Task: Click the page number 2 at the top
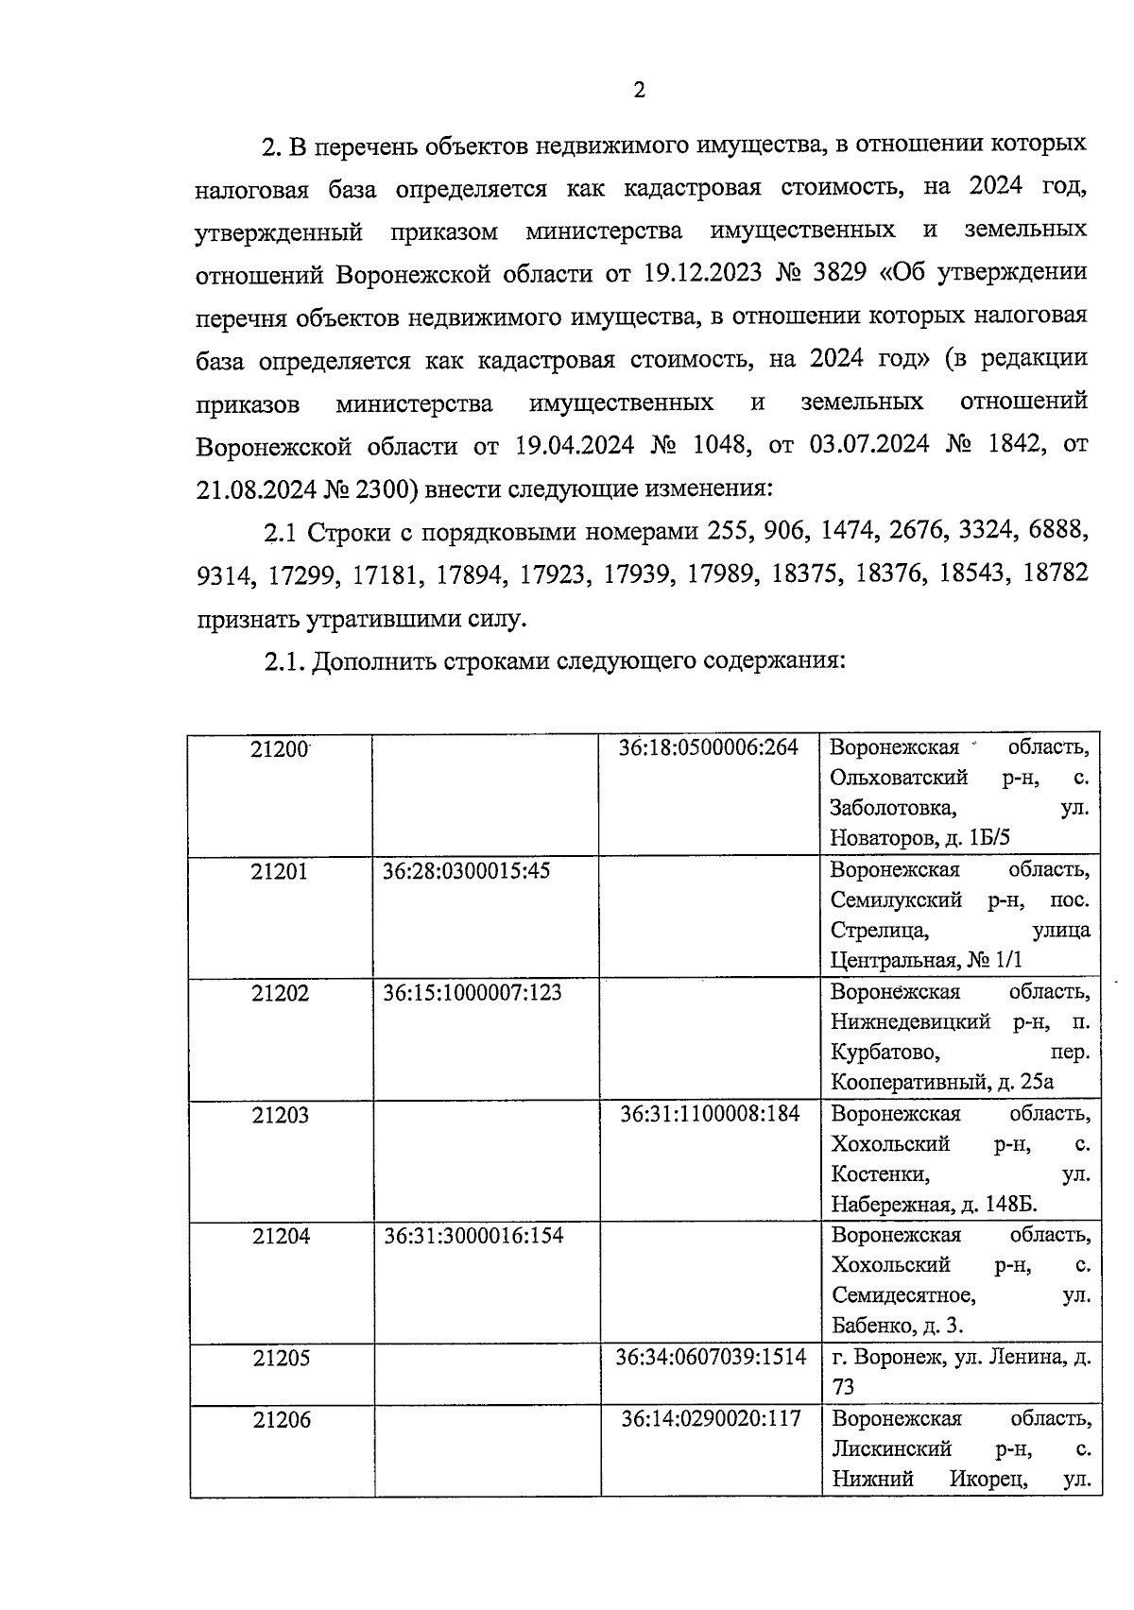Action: click(639, 91)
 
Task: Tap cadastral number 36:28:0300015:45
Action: click(466, 870)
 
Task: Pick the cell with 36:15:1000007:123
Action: click(472, 992)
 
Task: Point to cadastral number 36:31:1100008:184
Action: click(710, 1114)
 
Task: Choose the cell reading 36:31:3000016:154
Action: click(473, 1235)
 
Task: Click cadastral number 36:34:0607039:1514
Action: click(711, 1357)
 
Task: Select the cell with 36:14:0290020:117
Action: click(711, 1418)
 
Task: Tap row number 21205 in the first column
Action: click(282, 1358)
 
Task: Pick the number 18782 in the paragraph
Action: click(1056, 574)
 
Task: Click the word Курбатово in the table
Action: click(885, 1052)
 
